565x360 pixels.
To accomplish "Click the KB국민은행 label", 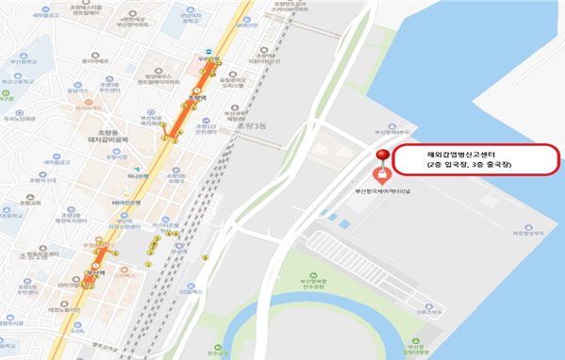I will [126, 202].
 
